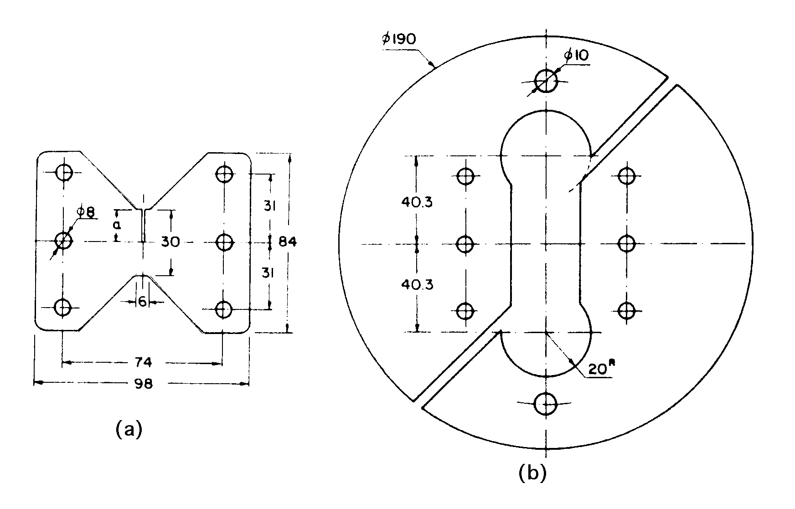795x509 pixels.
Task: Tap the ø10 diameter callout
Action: [576, 56]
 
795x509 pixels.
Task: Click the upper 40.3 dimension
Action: [417, 201]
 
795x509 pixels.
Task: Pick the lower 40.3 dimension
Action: [417, 285]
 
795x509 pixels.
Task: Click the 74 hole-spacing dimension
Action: [143, 363]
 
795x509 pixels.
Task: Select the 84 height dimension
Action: [288, 242]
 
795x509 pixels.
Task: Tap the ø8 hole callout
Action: [86, 212]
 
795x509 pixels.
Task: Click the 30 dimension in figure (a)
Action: [170, 242]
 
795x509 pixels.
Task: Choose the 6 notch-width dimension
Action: [143, 302]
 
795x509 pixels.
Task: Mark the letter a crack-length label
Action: [117, 225]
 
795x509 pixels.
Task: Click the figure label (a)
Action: [129, 429]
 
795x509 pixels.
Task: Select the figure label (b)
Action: [532, 474]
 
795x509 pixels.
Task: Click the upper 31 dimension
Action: [269, 207]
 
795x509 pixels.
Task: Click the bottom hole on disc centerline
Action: [546, 404]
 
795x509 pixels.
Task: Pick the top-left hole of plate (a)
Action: [64, 172]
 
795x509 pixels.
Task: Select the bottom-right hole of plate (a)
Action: [223, 309]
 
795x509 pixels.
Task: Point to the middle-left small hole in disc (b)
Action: [465, 244]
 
